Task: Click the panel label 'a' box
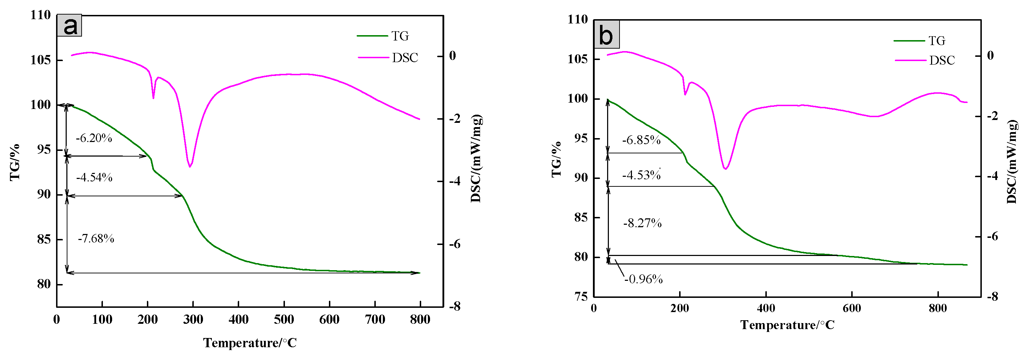(70, 26)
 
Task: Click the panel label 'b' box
(606, 35)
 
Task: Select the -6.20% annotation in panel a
(94, 138)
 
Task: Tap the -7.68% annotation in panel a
(96, 239)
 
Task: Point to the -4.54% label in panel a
(94, 178)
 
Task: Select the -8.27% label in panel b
(642, 223)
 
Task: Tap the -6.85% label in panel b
(641, 140)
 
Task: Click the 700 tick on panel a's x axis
(375, 319)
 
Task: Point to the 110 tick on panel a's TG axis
(41, 15)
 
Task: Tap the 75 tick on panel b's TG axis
(581, 296)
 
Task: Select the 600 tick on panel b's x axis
(852, 308)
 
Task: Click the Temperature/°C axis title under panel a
(250, 343)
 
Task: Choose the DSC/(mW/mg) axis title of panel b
(1011, 162)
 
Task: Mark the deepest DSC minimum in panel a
(190, 167)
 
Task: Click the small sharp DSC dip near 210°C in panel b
(685, 94)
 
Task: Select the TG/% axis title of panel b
(556, 159)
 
